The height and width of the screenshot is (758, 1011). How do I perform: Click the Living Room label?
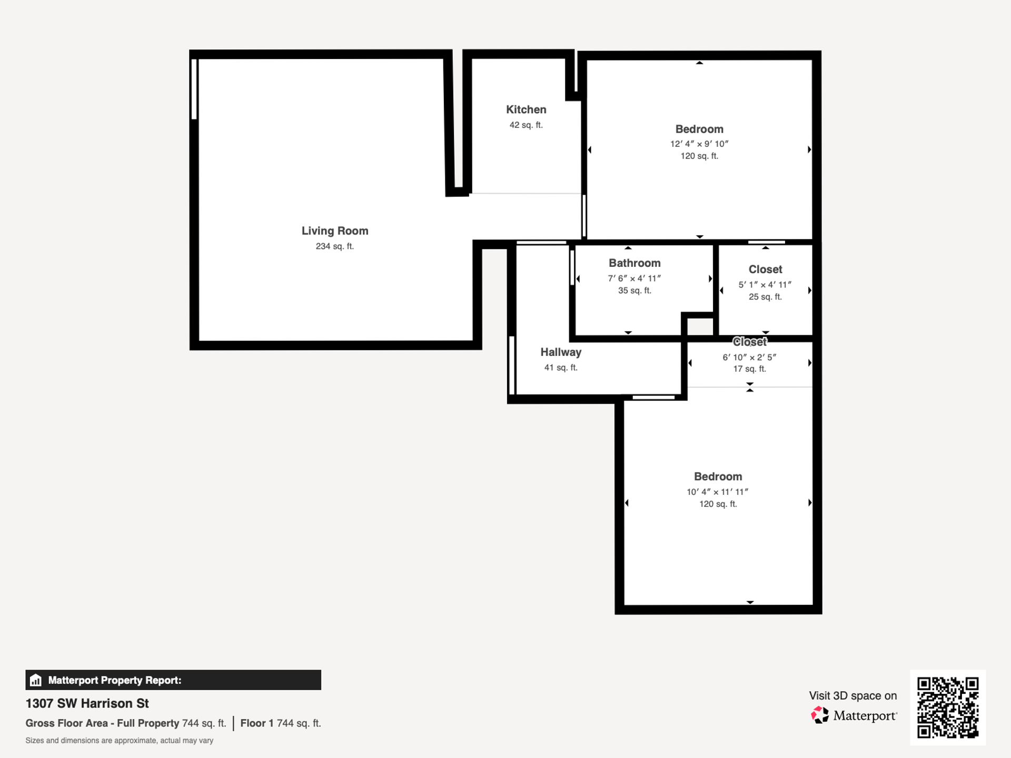pyautogui.click(x=335, y=231)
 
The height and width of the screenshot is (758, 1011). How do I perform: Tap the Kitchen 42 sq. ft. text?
pyautogui.click(x=526, y=125)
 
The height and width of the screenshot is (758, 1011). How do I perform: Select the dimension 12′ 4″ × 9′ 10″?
pyautogui.click(x=699, y=144)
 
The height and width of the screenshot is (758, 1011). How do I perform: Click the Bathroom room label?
pyautogui.click(x=635, y=263)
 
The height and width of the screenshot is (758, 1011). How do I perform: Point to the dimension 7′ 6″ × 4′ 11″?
pyautogui.click(x=635, y=278)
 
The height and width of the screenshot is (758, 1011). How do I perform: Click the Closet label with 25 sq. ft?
pyautogui.click(x=765, y=270)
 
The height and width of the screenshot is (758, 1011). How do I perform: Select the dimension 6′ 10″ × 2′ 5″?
pyautogui.click(x=749, y=357)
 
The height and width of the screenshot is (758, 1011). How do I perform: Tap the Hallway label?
pyautogui.click(x=561, y=352)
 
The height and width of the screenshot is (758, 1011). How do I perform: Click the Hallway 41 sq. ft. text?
pyautogui.click(x=561, y=367)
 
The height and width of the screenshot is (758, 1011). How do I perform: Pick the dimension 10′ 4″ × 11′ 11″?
pyautogui.click(x=717, y=492)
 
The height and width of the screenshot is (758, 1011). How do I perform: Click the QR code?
pyautogui.click(x=948, y=707)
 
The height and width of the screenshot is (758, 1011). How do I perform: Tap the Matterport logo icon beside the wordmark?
pyautogui.click(x=819, y=715)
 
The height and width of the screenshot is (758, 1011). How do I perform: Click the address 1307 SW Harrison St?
pyautogui.click(x=87, y=703)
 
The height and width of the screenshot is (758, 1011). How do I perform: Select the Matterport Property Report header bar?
pyautogui.click(x=173, y=680)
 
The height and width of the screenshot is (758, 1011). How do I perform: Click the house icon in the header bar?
pyautogui.click(x=36, y=680)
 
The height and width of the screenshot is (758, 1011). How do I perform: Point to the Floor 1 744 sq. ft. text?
pyautogui.click(x=281, y=723)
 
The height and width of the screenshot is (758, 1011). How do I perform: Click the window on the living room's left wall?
pyautogui.click(x=194, y=89)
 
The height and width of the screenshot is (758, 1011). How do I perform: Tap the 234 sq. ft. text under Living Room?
pyautogui.click(x=335, y=246)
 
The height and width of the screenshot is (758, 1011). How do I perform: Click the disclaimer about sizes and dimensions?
pyautogui.click(x=120, y=741)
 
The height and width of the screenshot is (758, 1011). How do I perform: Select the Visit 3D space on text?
pyautogui.click(x=853, y=695)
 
